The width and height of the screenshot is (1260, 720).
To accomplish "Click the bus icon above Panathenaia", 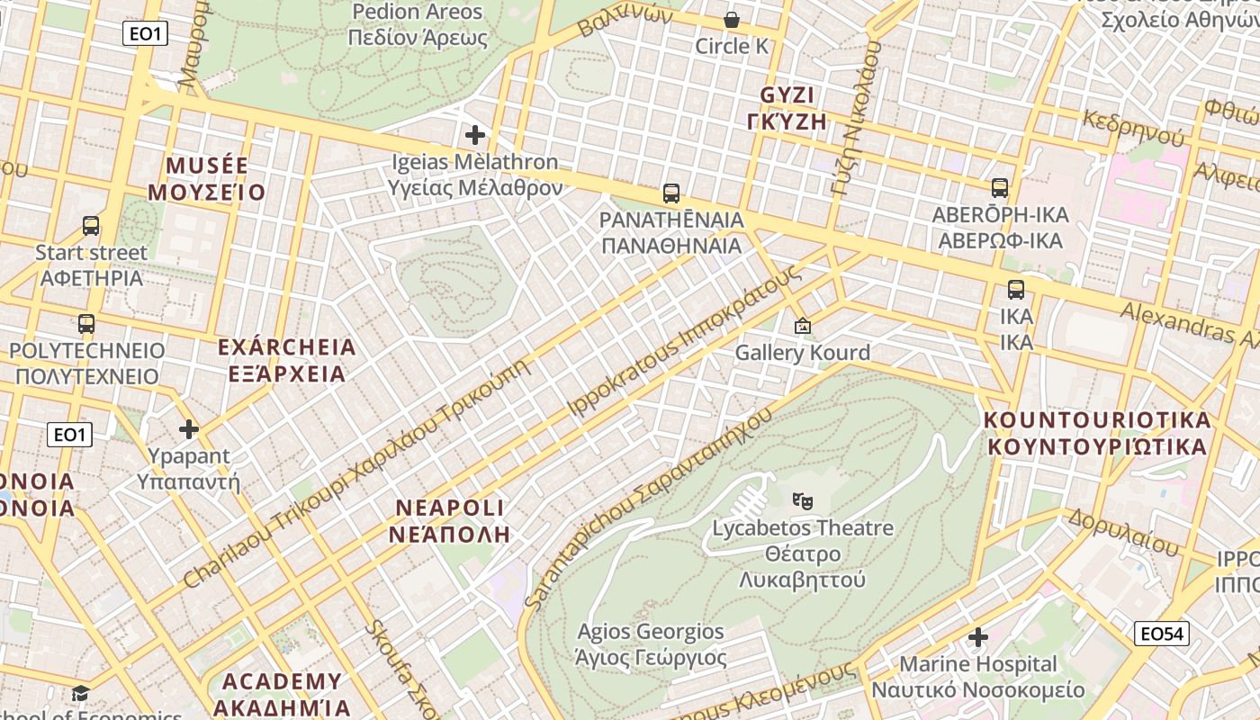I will (670, 193).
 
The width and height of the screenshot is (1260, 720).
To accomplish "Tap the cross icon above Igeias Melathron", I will (475, 135).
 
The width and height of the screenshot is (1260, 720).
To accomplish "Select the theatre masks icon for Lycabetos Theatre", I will (803, 500).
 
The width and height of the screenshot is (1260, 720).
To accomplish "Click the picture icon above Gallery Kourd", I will (802, 326).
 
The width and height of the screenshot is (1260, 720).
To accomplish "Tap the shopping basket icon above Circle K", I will (732, 19).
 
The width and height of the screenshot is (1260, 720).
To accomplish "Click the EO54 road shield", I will (1161, 634).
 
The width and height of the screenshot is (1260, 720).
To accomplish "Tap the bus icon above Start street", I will (91, 225).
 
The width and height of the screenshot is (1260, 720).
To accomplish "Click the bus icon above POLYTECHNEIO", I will (86, 323).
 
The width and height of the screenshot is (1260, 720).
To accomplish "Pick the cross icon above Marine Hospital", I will (978, 637).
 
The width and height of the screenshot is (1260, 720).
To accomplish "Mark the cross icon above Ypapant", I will (189, 428).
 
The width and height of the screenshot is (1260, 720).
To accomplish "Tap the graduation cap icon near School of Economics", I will (81, 693).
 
